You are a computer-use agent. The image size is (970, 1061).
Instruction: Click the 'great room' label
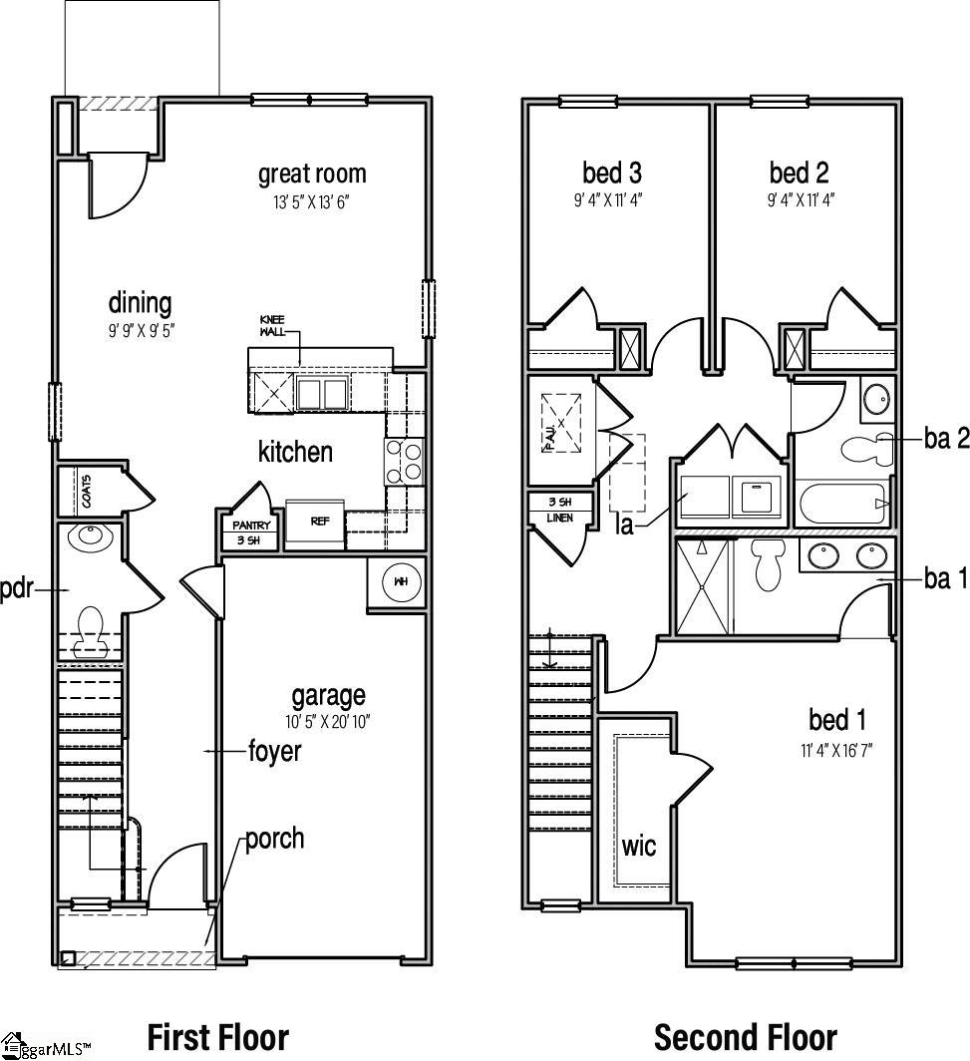coord(312,175)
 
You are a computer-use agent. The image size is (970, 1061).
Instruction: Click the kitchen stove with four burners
coord(405,462)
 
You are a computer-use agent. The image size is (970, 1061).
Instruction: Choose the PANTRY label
coord(251,526)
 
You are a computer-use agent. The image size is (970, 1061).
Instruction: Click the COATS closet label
coord(87,492)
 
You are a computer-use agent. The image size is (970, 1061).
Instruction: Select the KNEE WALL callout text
coord(272,325)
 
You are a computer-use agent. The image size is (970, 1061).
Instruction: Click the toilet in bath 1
coord(769,564)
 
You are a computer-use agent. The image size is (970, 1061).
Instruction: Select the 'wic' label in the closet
coord(639,847)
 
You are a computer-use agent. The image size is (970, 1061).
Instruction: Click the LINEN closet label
coord(559,519)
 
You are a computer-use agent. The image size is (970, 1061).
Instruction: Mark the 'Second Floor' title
coord(746,1037)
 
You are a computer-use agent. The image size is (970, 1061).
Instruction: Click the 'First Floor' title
coord(218,1037)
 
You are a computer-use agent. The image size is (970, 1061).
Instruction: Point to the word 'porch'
coord(275,839)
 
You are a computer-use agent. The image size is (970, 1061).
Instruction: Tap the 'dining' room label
coord(140,302)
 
